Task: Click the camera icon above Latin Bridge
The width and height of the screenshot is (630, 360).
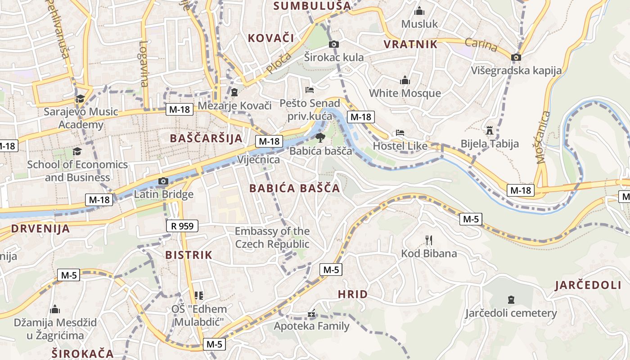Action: [x=163, y=181]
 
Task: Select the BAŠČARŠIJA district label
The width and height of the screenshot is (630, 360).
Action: [x=206, y=138]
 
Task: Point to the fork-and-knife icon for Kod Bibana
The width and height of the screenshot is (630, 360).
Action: [x=428, y=240]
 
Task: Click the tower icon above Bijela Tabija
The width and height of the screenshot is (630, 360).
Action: [x=490, y=131]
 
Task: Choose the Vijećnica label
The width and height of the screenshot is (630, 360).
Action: [x=258, y=160]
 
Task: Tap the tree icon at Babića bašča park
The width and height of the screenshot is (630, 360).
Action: [x=320, y=137]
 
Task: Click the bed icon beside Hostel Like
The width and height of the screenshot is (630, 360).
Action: [x=400, y=133]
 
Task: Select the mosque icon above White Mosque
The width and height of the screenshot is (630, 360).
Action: [x=405, y=80]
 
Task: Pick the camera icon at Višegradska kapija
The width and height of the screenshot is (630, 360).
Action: [x=516, y=57]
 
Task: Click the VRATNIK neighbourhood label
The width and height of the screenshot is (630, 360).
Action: [x=410, y=44]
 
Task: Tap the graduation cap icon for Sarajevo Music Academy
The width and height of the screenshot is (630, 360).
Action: [x=80, y=99]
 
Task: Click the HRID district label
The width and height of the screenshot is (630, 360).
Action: [x=353, y=294]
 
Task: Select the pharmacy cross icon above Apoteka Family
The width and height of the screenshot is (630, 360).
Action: [x=311, y=314]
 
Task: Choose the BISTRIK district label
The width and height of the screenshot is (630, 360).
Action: [x=189, y=255]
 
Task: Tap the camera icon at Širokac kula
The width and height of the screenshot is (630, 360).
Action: [x=333, y=44]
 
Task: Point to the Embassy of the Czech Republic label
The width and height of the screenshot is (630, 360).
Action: [x=272, y=238]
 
